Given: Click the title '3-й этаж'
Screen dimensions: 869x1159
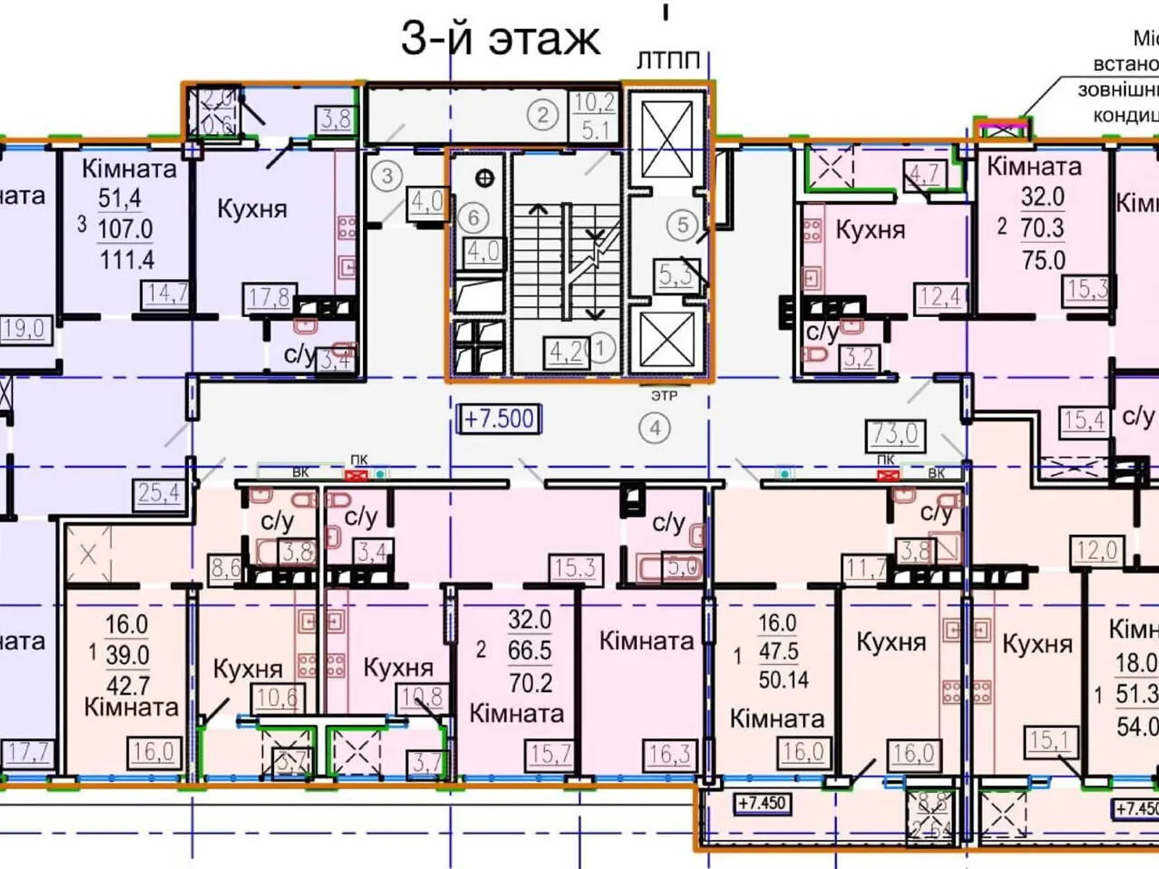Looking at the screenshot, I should pyautogui.click(x=500, y=39).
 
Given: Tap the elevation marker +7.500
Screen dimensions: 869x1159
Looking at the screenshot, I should pyautogui.click(x=499, y=419).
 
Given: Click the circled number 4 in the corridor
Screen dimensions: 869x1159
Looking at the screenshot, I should pyautogui.click(x=655, y=429).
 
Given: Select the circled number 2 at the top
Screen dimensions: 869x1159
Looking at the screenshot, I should pyautogui.click(x=543, y=115).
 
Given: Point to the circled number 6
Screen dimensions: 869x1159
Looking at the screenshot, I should pyautogui.click(x=473, y=217).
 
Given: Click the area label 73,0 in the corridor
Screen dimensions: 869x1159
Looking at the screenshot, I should pyautogui.click(x=895, y=434).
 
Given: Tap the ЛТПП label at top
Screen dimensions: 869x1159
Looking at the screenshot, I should pyautogui.click(x=668, y=61).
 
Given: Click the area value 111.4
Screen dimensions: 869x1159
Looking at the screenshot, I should pyautogui.click(x=127, y=259).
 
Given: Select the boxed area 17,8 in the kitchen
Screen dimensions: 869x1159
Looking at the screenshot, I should pyautogui.click(x=269, y=297).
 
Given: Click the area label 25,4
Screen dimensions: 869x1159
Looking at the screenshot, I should pyautogui.click(x=159, y=493).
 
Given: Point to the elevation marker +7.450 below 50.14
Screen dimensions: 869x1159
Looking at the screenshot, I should pyautogui.click(x=761, y=804).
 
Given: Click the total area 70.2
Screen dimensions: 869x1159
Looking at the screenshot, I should pyautogui.click(x=530, y=682).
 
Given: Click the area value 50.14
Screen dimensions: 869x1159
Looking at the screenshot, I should pyautogui.click(x=783, y=679).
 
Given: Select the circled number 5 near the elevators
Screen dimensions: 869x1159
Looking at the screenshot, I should pyautogui.click(x=682, y=225).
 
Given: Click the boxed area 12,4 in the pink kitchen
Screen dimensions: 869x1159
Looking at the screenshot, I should pyautogui.click(x=940, y=296).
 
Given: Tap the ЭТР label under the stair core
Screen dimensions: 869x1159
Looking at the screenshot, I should pyautogui.click(x=664, y=396).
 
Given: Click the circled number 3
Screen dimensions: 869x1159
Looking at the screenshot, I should pyautogui.click(x=388, y=175).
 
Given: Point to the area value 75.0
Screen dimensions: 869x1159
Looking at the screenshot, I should pyautogui.click(x=1043, y=260).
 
